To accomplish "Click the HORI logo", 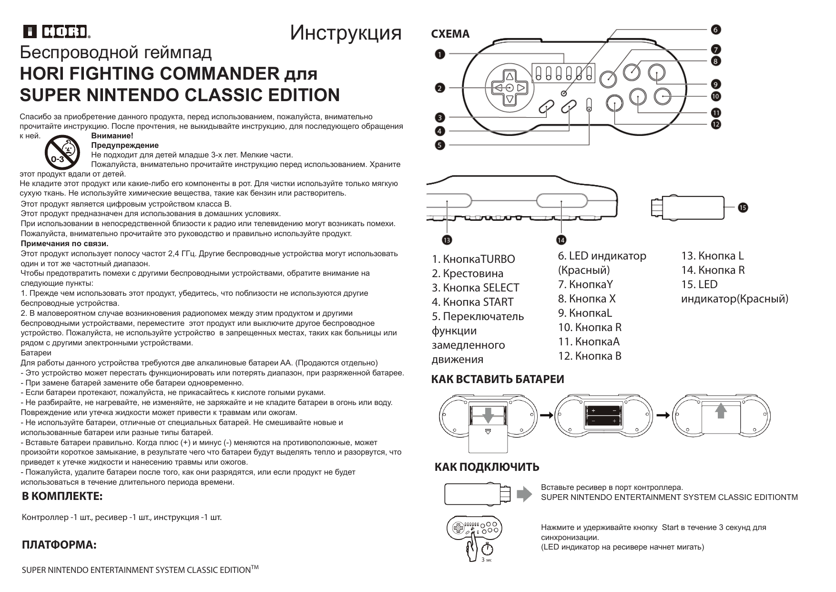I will click(x=57, y=31).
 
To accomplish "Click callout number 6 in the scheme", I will click(x=716, y=30).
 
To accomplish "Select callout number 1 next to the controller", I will click(x=439, y=54).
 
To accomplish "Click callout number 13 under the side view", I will click(x=447, y=239).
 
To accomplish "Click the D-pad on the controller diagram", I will click(x=510, y=88).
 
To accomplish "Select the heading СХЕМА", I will click(x=450, y=34).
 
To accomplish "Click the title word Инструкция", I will click(x=346, y=32).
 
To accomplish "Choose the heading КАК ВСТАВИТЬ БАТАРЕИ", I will click(x=498, y=379).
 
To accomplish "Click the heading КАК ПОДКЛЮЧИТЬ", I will click(x=487, y=467).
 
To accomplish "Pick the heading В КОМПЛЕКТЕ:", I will click(x=62, y=496).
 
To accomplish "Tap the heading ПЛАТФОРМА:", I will click(x=59, y=545).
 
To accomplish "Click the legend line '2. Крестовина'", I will click(x=468, y=273).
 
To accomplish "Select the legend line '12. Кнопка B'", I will click(x=590, y=356).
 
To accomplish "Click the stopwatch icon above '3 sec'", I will click(x=487, y=550).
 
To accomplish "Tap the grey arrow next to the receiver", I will click(x=524, y=494).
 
